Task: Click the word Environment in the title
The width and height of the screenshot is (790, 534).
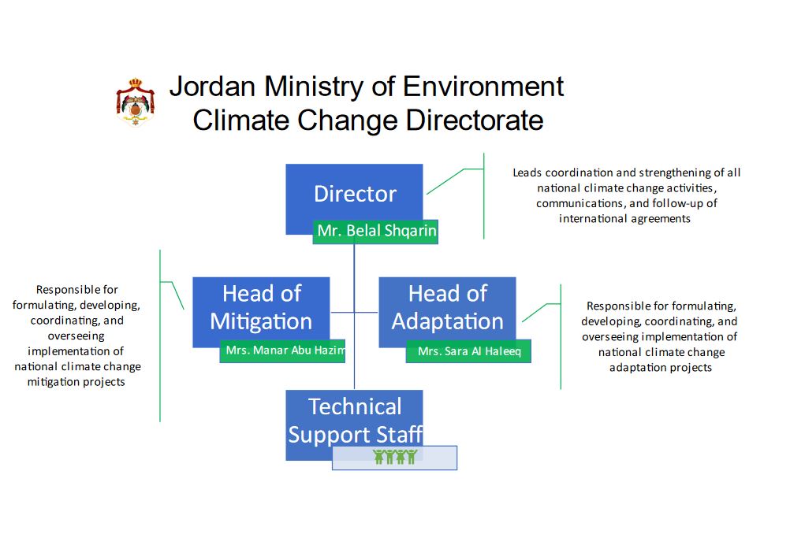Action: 483,86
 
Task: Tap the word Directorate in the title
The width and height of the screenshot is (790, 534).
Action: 475,121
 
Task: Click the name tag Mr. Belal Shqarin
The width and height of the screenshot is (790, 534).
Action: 375,232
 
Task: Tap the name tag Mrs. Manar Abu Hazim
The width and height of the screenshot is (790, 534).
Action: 282,350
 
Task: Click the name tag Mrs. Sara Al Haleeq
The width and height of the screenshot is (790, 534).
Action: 468,351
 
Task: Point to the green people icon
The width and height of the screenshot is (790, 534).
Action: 395,457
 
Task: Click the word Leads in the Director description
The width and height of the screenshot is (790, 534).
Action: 527,172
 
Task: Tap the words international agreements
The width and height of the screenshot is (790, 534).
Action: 624,219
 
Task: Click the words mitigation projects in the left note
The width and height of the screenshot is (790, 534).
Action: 76,382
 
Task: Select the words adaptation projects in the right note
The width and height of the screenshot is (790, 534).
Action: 661,367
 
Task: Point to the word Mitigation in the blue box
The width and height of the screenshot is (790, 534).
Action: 261,321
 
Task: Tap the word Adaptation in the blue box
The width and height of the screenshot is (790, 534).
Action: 447,321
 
